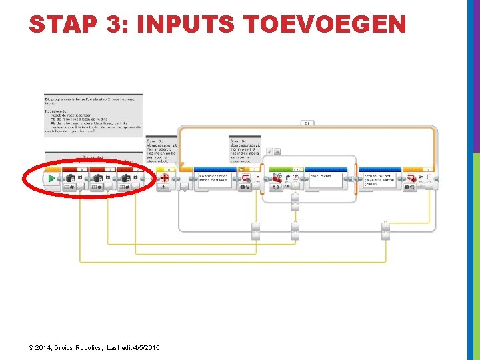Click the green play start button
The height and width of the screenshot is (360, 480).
pos(51,179)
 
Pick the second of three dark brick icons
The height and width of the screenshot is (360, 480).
pos(98,179)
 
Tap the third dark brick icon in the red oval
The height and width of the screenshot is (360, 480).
pos(126,179)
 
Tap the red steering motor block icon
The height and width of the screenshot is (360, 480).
pos(277,179)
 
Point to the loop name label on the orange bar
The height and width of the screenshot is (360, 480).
pos(307,123)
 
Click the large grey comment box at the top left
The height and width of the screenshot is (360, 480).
pos(93,115)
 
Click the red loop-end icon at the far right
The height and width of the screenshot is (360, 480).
pos(413,178)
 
